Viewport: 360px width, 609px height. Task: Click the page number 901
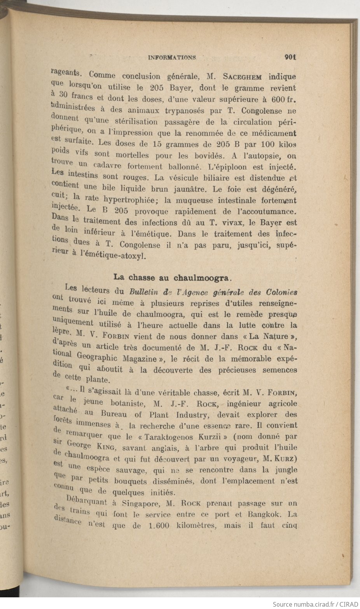point(290,57)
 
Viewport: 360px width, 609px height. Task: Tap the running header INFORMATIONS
point(171,58)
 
